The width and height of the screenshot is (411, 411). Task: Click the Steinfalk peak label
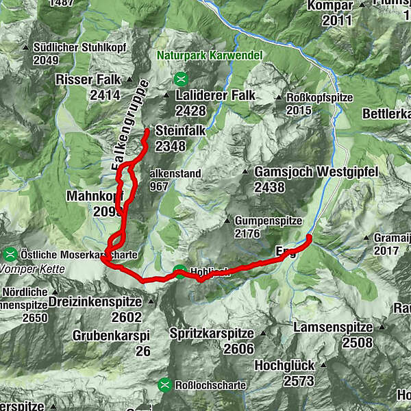(181, 130)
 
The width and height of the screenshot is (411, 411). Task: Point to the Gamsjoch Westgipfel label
(316, 172)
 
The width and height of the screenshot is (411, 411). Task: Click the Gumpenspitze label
(269, 221)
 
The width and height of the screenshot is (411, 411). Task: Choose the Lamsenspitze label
(332, 328)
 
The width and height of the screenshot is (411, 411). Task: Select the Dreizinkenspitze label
(104, 301)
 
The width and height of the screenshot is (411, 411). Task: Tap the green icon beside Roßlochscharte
(165, 385)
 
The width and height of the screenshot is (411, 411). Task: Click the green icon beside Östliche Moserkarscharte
(10, 254)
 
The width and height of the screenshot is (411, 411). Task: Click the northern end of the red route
(147, 130)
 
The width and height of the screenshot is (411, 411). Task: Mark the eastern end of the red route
(309, 237)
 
